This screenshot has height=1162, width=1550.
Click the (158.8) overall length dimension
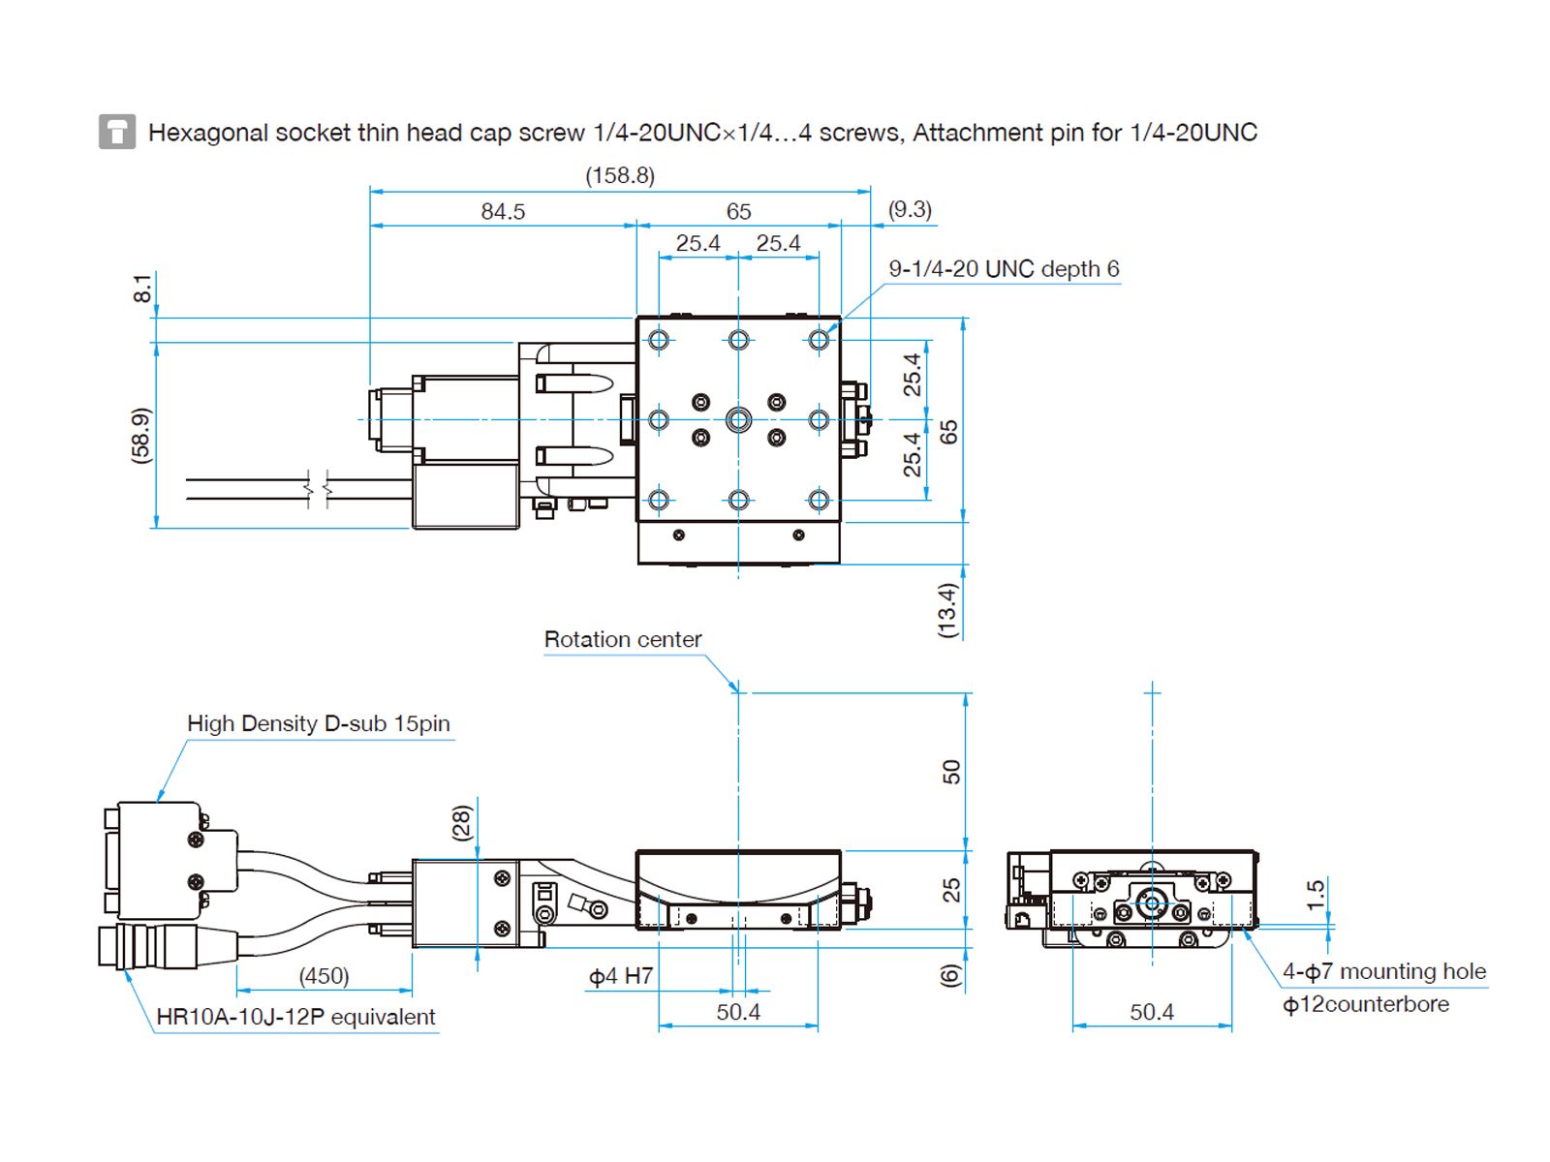pyautogui.click(x=620, y=175)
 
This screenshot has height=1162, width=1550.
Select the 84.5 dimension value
pyautogui.click(x=503, y=211)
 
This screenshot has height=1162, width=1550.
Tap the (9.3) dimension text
pyautogui.click(x=910, y=209)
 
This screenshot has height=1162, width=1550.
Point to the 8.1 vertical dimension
pyautogui.click(x=142, y=289)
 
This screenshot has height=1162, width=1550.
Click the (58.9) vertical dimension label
pyautogui.click(x=141, y=435)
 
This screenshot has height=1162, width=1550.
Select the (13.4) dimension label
pyautogui.click(x=947, y=609)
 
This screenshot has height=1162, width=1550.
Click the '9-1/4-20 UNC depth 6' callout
pyautogui.click(x=1004, y=269)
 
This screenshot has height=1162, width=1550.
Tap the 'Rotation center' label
pyautogui.click(x=622, y=639)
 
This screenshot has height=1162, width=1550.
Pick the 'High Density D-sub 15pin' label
pyautogui.click(x=318, y=723)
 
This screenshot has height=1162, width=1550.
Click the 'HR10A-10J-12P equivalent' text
pyautogui.click(x=295, y=1017)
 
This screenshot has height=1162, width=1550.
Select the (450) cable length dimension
pyautogui.click(x=324, y=976)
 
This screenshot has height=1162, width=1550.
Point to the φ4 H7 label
pyautogui.click(x=621, y=976)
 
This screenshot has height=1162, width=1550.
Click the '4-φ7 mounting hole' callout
pyautogui.click(x=1383, y=971)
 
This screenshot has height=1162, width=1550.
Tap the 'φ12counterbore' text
pyautogui.click(x=1365, y=1004)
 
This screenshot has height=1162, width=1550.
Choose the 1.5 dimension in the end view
pyautogui.click(x=1315, y=894)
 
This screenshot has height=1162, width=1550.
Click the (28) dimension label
pyautogui.click(x=462, y=823)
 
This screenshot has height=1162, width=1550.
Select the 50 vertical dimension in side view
pyautogui.click(x=951, y=772)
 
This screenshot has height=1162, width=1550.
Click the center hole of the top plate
pyautogui.click(x=738, y=419)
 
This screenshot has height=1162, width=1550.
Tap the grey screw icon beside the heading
pyautogui.click(x=117, y=132)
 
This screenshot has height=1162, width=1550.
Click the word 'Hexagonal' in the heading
pyautogui.click(x=207, y=133)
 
